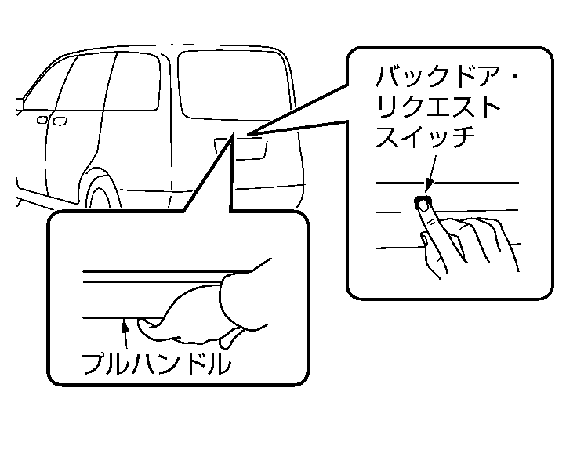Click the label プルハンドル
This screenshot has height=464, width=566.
[x=156, y=362]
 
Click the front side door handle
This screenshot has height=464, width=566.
[x=42, y=121]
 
